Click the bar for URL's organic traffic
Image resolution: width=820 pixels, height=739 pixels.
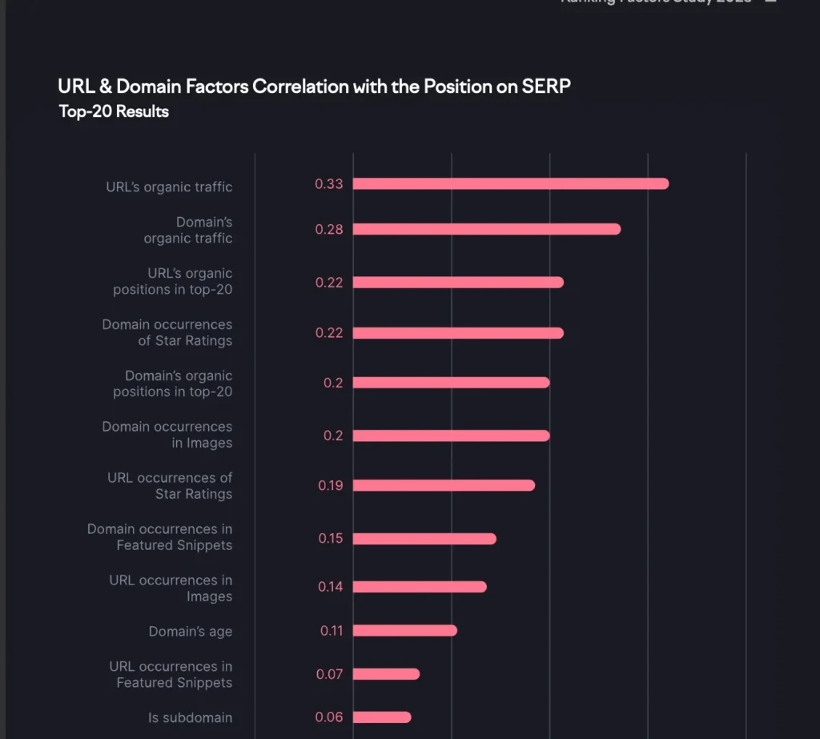click(x=510, y=184)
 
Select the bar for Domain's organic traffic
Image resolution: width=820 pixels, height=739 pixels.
click(x=486, y=230)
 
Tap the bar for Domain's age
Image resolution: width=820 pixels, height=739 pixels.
click(x=404, y=631)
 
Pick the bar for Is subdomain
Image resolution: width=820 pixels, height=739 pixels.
click(x=382, y=717)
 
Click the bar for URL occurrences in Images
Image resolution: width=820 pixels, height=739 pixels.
click(x=420, y=587)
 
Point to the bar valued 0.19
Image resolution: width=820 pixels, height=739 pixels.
click(x=444, y=485)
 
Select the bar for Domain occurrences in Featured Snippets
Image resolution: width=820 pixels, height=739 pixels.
click(x=424, y=539)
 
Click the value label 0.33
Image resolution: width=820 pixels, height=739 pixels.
click(x=328, y=184)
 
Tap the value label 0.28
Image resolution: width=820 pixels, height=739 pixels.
click(x=328, y=230)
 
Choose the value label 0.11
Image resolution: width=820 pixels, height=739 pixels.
click(x=332, y=631)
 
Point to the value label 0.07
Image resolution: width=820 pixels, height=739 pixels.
click(x=329, y=674)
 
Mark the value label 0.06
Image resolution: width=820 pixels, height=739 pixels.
click(x=329, y=717)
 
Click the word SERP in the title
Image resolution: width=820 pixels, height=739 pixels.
click(x=545, y=86)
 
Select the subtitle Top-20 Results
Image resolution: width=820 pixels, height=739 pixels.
click(x=114, y=111)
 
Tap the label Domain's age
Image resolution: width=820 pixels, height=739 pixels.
click(x=191, y=632)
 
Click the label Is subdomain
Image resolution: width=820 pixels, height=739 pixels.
click(x=191, y=718)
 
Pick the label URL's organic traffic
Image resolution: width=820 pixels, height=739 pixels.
click(x=169, y=187)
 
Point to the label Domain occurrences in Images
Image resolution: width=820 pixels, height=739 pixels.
click(x=167, y=435)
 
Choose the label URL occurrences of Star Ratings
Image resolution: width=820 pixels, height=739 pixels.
click(x=170, y=486)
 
